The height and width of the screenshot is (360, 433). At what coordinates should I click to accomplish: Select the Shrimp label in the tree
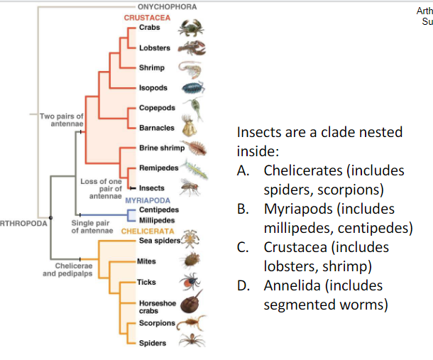click(151, 67)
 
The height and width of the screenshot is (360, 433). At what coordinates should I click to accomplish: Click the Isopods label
click(153, 88)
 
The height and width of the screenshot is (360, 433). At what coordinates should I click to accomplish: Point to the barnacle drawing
click(187, 128)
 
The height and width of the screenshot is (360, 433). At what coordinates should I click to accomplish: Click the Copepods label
click(157, 108)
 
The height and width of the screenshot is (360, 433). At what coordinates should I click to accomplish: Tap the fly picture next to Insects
click(187, 187)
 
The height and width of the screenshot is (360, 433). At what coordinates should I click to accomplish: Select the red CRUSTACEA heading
click(145, 17)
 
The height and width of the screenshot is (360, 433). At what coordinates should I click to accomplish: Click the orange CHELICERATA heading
click(148, 231)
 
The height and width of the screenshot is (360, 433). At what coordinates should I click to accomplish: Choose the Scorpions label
click(158, 323)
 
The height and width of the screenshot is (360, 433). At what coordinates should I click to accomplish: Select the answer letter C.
click(243, 247)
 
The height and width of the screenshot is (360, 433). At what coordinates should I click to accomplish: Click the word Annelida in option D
click(295, 285)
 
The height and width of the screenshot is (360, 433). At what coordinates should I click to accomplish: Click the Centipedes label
click(159, 210)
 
